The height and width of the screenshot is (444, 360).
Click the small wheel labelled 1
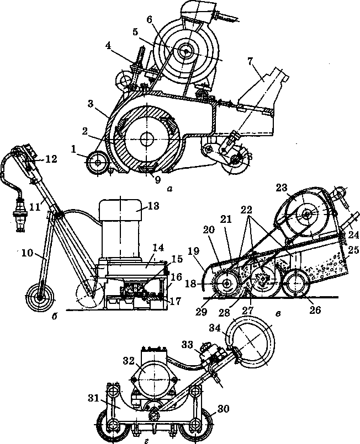97,162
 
